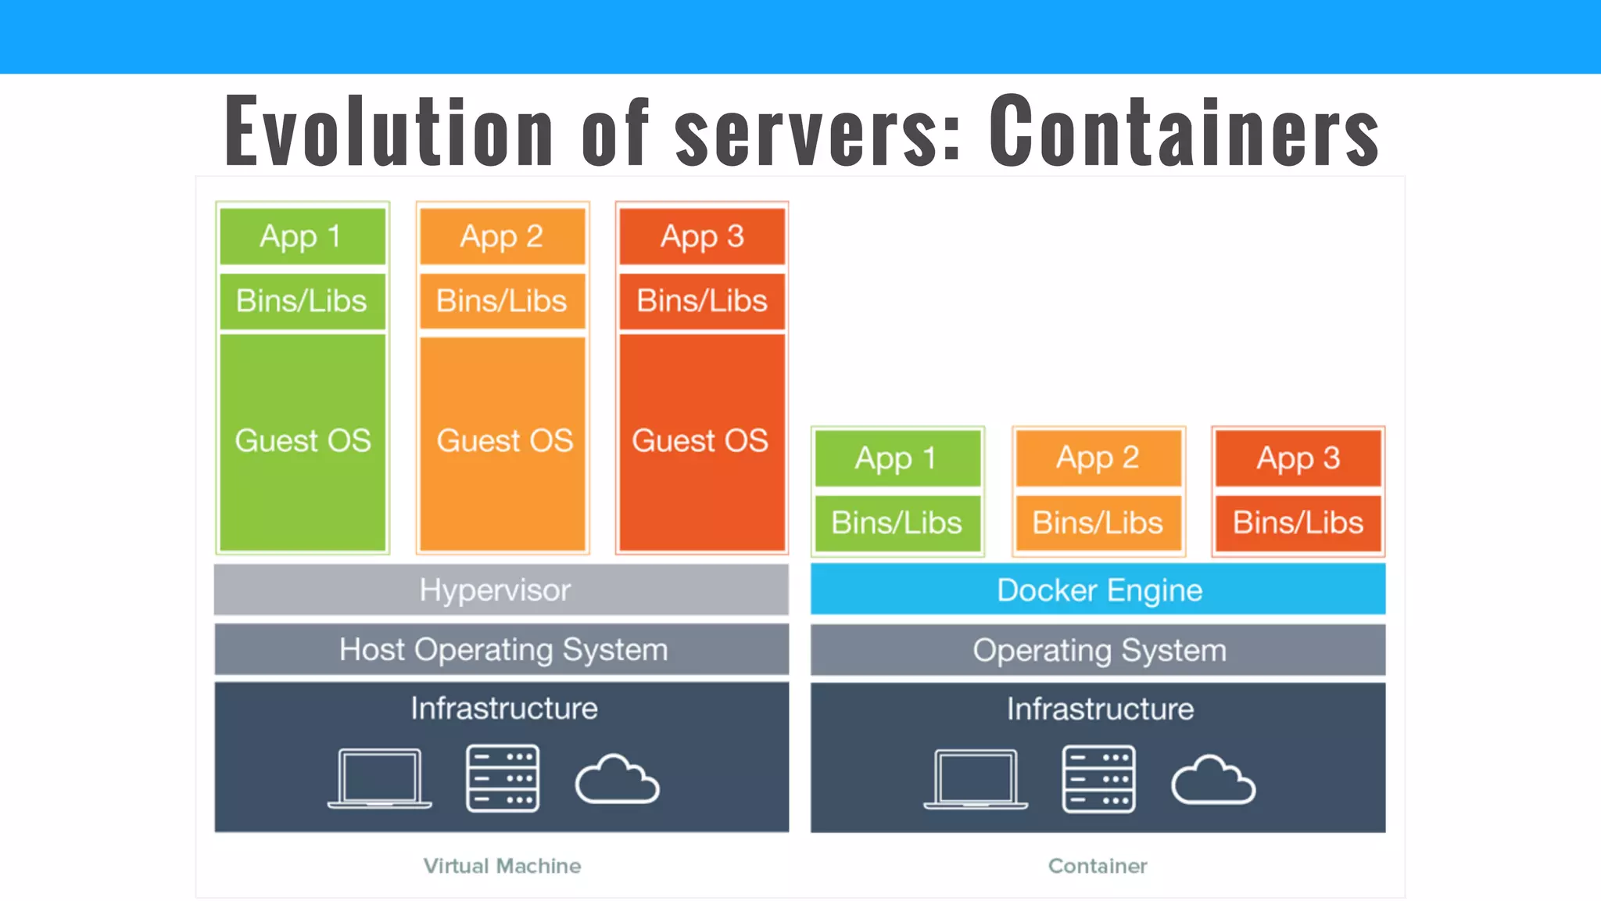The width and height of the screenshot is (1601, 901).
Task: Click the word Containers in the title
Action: (x=1184, y=131)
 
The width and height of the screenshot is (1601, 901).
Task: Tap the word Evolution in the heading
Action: (x=389, y=131)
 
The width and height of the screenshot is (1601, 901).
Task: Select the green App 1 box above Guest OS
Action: (x=303, y=236)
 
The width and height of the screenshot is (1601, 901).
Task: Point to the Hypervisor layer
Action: (x=501, y=590)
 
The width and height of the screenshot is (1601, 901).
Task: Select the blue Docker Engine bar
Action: (x=1098, y=590)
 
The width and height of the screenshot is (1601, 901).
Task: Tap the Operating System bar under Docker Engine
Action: (x=1098, y=650)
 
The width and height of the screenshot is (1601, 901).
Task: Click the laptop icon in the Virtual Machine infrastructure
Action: (x=380, y=778)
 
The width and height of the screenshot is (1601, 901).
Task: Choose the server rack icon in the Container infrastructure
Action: (x=1098, y=779)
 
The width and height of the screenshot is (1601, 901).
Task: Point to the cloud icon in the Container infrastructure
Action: (x=1212, y=781)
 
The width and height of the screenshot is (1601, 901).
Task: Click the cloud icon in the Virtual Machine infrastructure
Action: (x=617, y=780)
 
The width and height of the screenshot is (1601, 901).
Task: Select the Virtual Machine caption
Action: (x=502, y=866)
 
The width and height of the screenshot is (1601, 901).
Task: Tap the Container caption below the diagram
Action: (x=1098, y=866)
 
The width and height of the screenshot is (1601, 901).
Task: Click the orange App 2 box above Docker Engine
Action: (x=1098, y=458)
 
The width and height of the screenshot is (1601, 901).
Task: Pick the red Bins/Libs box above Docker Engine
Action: (x=1298, y=522)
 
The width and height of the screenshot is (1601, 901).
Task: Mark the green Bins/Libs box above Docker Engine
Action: (x=897, y=522)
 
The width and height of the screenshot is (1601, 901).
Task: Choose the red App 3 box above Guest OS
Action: (x=702, y=236)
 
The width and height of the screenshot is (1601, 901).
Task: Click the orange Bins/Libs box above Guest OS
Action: (x=502, y=301)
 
